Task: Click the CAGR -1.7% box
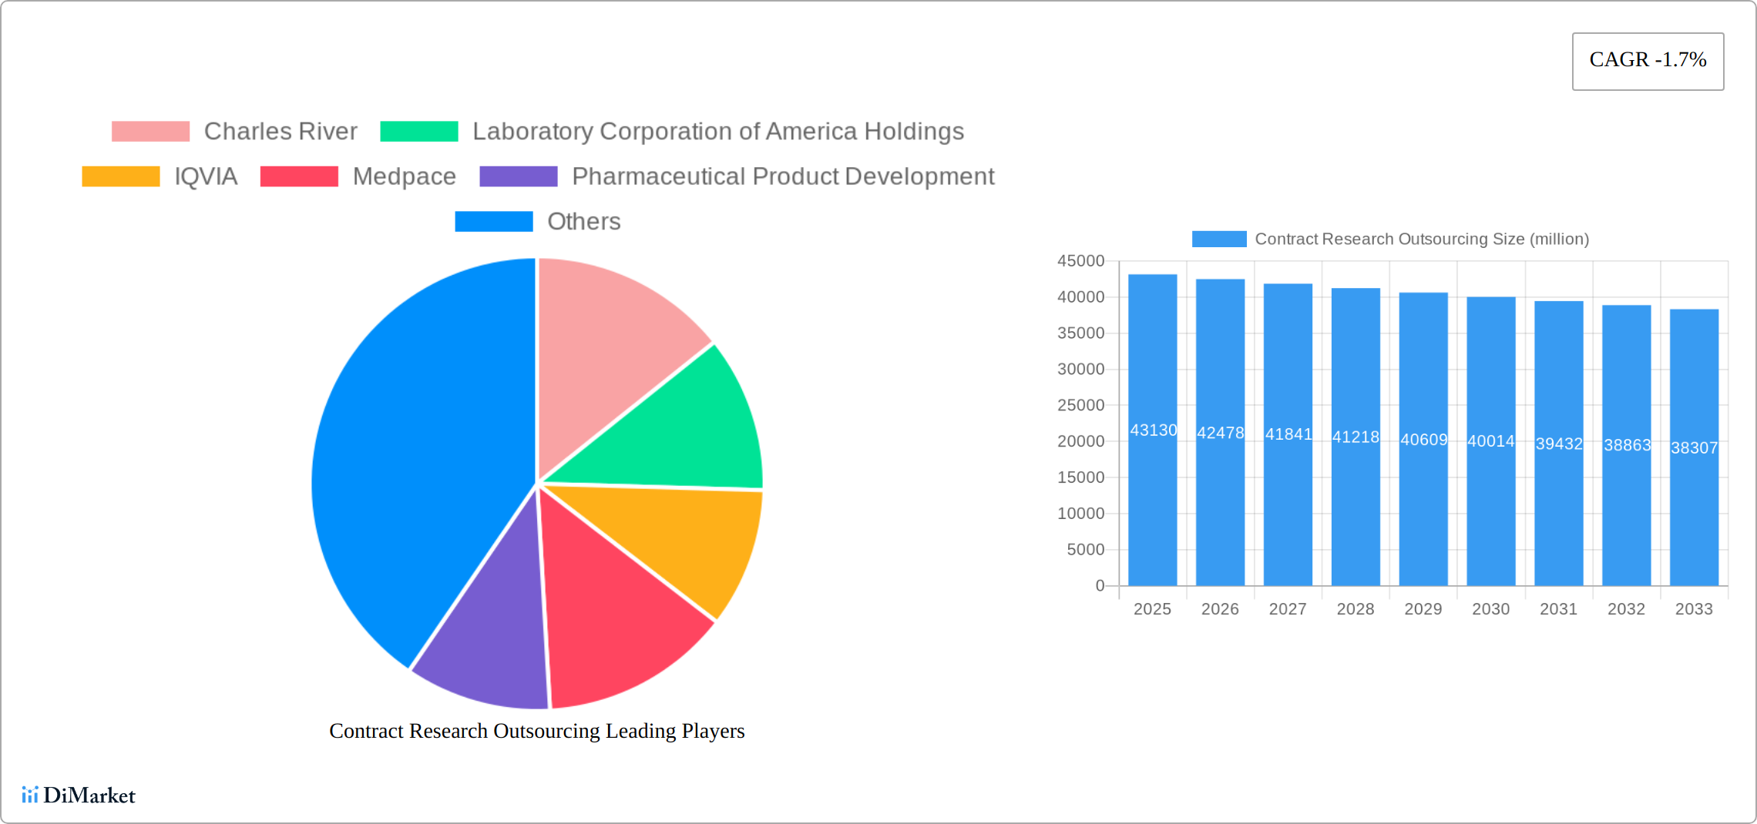click(x=1648, y=61)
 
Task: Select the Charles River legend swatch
click(x=150, y=132)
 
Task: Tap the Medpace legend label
click(x=404, y=176)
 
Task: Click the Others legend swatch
click(x=493, y=222)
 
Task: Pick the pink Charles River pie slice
click(x=609, y=339)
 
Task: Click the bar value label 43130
click(x=1153, y=430)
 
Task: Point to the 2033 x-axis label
click(x=1694, y=609)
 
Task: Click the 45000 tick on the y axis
click(x=1080, y=261)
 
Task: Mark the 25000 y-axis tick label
click(x=1080, y=405)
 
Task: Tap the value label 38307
click(x=1694, y=448)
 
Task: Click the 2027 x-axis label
click(x=1288, y=609)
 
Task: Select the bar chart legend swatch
click(x=1218, y=239)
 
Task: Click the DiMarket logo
click(x=79, y=796)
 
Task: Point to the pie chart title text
click(x=536, y=731)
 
